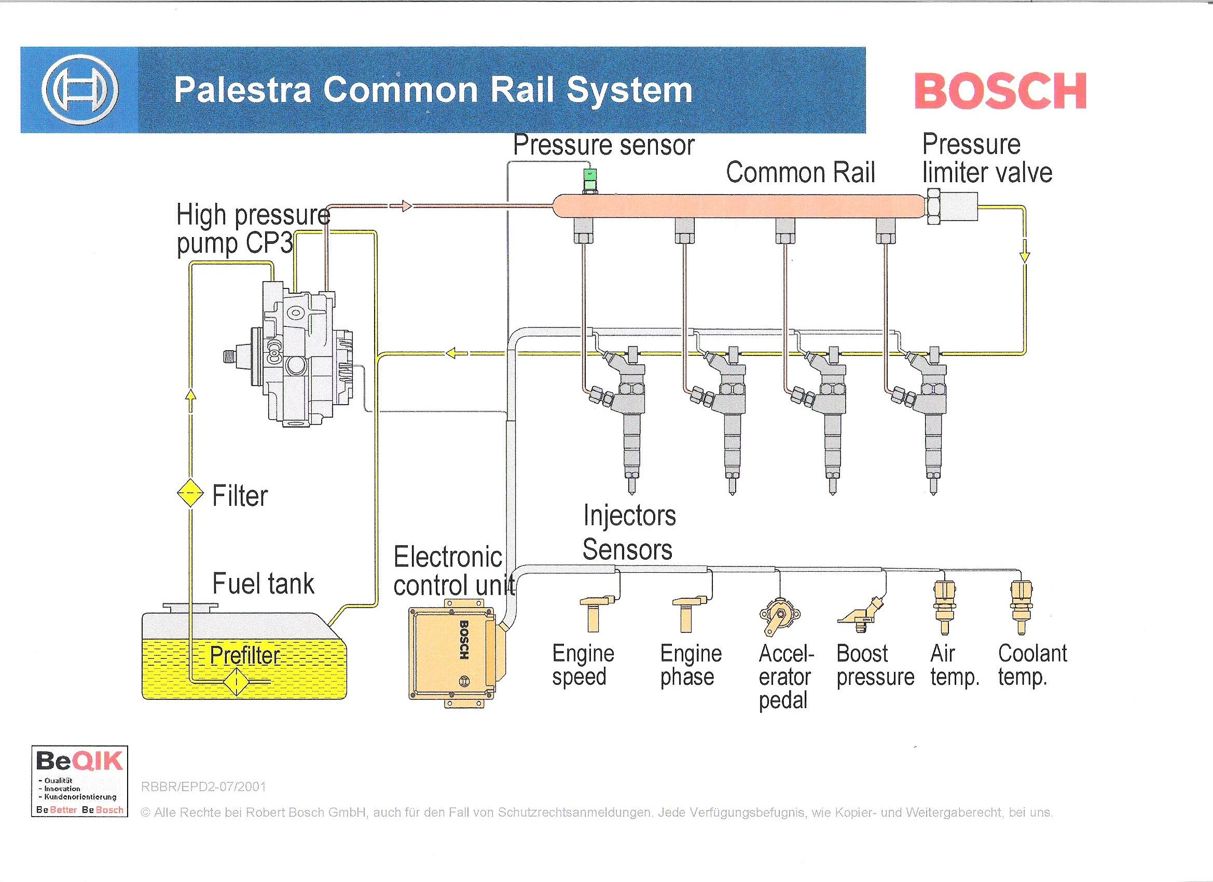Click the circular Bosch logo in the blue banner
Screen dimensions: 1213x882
(80, 90)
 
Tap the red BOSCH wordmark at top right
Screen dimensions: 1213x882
(1000, 91)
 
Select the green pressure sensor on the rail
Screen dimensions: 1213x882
(590, 181)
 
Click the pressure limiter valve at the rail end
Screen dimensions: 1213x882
(952, 206)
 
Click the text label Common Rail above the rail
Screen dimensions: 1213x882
(800, 173)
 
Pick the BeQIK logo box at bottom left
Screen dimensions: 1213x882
(80, 781)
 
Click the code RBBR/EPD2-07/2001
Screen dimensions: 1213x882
(203, 787)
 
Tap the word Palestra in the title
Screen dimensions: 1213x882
(242, 90)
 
